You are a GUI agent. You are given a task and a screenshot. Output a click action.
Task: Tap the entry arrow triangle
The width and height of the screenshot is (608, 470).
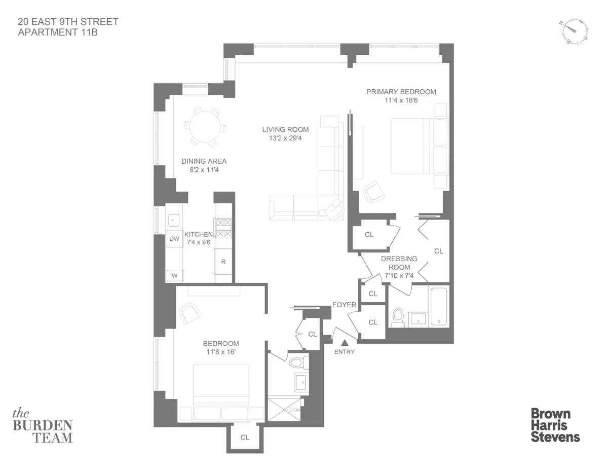(x=344, y=343)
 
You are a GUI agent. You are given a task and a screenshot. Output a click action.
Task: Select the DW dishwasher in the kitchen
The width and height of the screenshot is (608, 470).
(x=175, y=239)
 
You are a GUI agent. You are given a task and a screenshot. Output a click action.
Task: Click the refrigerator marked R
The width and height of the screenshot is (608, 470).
(x=223, y=262)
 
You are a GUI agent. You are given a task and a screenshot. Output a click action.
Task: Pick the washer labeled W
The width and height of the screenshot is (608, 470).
(x=175, y=276)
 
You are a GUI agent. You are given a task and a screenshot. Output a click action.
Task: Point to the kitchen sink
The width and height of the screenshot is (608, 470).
(x=174, y=220)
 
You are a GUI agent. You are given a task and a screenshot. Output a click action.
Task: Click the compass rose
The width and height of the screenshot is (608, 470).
(x=574, y=31)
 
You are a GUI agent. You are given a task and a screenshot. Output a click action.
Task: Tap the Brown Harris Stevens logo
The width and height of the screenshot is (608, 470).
(x=555, y=425)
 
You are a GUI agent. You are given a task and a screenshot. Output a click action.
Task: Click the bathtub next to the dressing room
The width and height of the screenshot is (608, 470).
(x=439, y=307)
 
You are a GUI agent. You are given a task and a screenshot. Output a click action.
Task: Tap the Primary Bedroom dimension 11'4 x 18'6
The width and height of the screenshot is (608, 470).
(x=401, y=101)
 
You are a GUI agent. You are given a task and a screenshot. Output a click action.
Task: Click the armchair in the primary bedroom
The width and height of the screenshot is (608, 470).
(x=374, y=191)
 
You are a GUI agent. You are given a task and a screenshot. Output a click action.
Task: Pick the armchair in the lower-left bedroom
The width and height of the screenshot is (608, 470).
(x=191, y=313)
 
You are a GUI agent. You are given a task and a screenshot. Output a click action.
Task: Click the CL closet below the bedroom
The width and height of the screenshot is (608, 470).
(x=245, y=437)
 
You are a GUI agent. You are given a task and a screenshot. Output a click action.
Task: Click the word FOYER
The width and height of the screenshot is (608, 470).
(x=345, y=305)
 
